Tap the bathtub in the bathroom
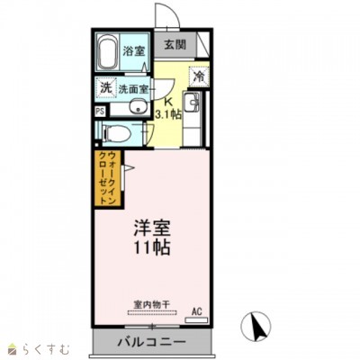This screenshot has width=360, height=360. tap(106, 51)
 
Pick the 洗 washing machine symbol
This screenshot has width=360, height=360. tap(105, 88)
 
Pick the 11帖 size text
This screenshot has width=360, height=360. tap(153, 247)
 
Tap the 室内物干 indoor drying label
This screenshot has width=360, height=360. tap(150, 304)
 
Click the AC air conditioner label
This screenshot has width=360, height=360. tap(197, 312)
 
